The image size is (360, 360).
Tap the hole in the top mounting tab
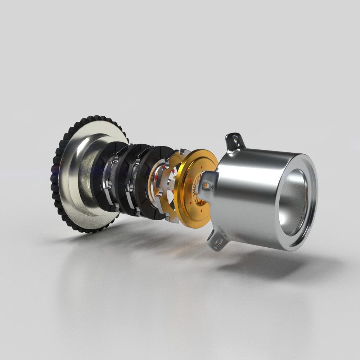click(235, 137)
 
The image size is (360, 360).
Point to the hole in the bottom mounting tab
click(217, 244)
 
